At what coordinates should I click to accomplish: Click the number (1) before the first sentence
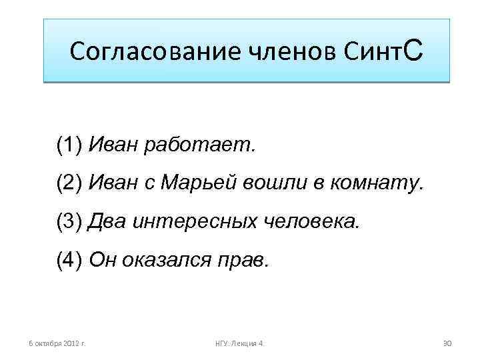69,144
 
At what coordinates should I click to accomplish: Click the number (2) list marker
69,183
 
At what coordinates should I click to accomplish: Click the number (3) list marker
69,221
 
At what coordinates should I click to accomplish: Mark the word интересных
191,221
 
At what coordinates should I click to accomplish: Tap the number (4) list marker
69,260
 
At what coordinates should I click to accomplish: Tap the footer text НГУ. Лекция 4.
239,343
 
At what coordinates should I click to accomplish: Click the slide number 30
447,343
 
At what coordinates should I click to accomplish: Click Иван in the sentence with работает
111,144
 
